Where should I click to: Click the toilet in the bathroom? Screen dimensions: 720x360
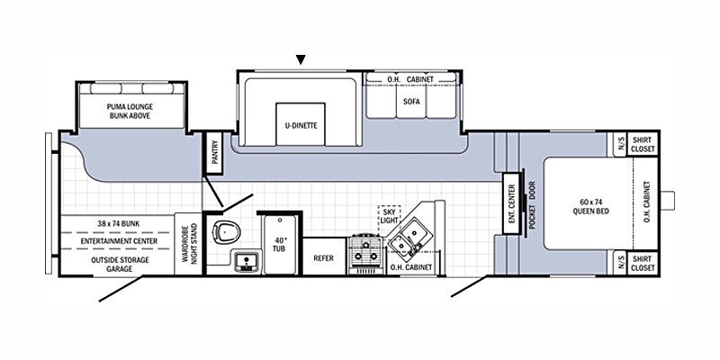227,232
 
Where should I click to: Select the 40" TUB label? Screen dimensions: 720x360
280,244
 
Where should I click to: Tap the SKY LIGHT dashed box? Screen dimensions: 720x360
389,217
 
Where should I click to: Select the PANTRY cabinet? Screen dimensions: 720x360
213,152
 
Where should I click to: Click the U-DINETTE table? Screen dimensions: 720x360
301,124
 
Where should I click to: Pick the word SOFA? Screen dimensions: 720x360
411,102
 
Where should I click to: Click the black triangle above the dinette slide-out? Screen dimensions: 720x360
301,59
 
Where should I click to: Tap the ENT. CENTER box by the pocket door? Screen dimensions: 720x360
512,203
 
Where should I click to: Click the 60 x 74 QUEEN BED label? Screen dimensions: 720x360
584,207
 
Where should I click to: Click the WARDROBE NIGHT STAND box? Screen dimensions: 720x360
189,243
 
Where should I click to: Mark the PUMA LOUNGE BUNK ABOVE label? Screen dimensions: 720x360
130,111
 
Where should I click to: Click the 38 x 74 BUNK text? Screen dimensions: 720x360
119,223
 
